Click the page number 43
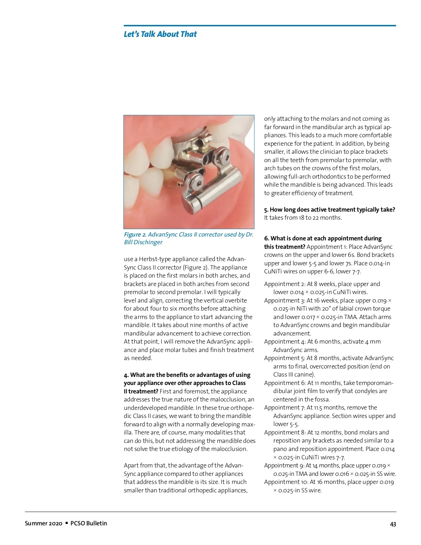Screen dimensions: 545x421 coord(393,524)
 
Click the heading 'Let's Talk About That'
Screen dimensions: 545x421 coord(160,34)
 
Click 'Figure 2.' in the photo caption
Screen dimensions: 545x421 coord(135,234)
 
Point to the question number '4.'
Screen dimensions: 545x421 coord(126,375)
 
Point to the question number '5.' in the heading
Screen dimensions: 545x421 coord(266,210)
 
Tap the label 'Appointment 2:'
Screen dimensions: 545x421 coord(285,284)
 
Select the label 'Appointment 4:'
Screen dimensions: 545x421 coord(285,341)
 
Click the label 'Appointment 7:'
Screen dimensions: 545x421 coord(285,407)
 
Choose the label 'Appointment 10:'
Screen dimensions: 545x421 coord(286,482)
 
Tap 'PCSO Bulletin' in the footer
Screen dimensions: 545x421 coord(89,523)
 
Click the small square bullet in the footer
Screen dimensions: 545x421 coord(67,523)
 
